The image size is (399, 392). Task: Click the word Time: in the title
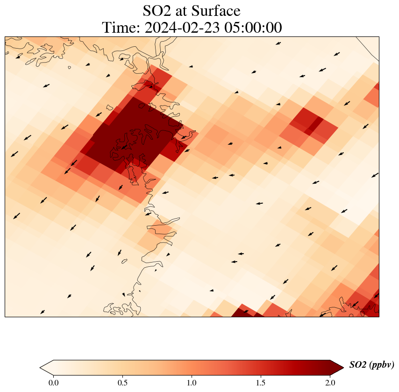122,28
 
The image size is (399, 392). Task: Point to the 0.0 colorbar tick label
53,383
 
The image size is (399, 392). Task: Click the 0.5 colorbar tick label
122,383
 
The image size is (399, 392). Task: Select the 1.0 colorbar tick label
192,383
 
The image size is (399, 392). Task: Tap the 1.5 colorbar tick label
261,383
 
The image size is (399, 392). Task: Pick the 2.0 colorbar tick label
330,383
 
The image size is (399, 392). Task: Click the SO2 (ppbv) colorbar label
372,365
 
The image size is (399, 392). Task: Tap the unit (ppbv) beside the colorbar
382,365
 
